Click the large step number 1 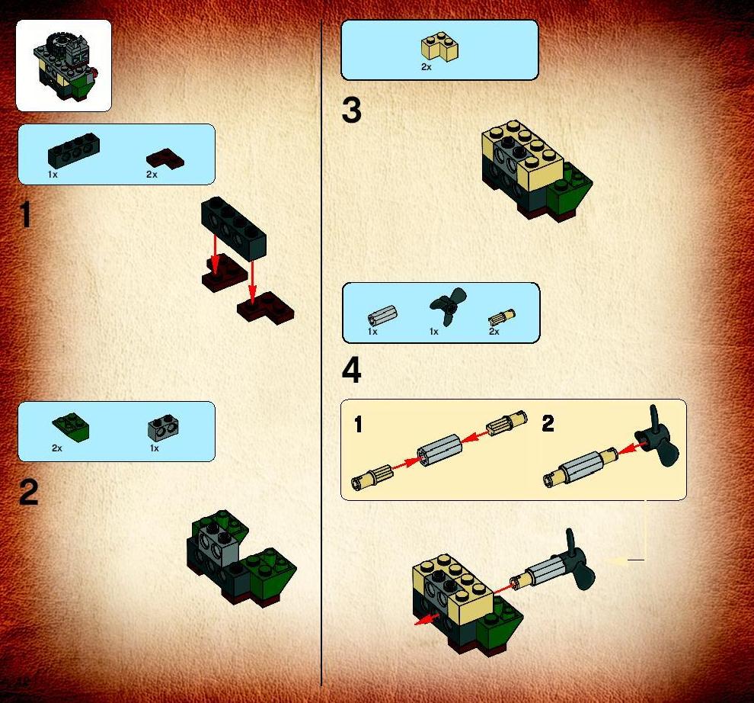pyautogui.click(x=26, y=214)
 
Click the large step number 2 pyautogui.click(x=28, y=492)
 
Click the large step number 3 pyautogui.click(x=352, y=111)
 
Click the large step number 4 pyautogui.click(x=352, y=371)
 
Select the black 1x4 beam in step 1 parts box pyautogui.click(x=74, y=150)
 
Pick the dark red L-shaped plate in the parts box pyautogui.click(x=165, y=159)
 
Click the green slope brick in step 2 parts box pyautogui.click(x=71, y=427)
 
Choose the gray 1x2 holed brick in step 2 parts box pyautogui.click(x=163, y=427)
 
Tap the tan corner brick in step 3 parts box pyautogui.click(x=440, y=47)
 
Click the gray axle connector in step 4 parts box pyautogui.click(x=382, y=316)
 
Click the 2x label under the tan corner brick pyautogui.click(x=426, y=67)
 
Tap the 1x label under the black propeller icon pyautogui.click(x=434, y=332)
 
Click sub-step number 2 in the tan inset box pyautogui.click(x=548, y=424)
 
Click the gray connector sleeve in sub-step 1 pyautogui.click(x=439, y=450)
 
